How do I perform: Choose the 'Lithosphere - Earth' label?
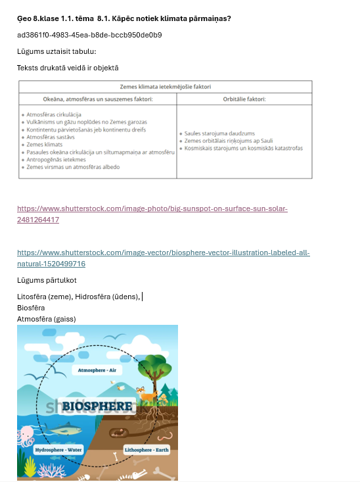coord(146,450)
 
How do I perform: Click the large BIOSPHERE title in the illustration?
coord(97,406)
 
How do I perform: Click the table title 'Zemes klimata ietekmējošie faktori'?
coord(165,86)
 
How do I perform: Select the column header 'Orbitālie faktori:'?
coord(244,99)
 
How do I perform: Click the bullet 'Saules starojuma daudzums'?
coord(215,133)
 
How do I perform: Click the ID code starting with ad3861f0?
coord(89,35)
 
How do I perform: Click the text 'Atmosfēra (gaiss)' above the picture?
coord(47,319)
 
